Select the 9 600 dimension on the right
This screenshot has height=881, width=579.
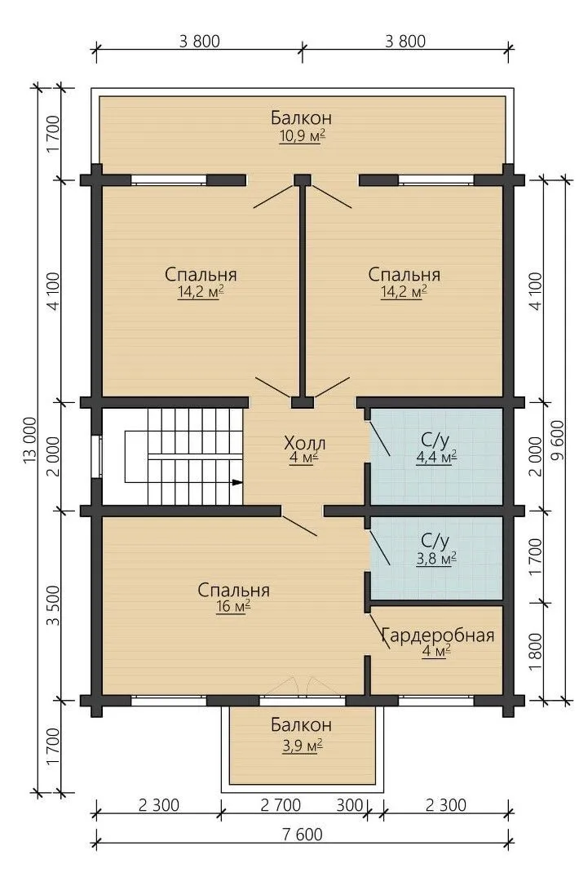[x=557, y=440]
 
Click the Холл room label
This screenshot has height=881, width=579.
[x=304, y=443]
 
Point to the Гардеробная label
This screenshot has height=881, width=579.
[x=438, y=635]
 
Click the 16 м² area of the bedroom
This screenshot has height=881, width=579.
[x=232, y=606]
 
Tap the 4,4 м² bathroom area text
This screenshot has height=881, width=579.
[x=435, y=458]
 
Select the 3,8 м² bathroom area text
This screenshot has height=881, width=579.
[x=435, y=559]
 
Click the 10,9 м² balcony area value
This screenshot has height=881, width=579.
[x=302, y=136]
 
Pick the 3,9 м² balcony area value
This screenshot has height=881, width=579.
[x=302, y=745]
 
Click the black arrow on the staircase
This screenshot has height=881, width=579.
[x=237, y=481]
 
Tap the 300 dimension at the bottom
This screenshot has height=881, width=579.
[x=349, y=805]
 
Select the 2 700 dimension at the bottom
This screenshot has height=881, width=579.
[x=281, y=805]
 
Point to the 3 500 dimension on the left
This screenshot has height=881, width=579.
[x=53, y=605]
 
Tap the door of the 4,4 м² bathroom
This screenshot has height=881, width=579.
[x=379, y=438]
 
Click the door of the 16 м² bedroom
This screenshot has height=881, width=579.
[x=299, y=525]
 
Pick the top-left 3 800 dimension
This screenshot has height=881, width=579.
[x=199, y=41]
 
